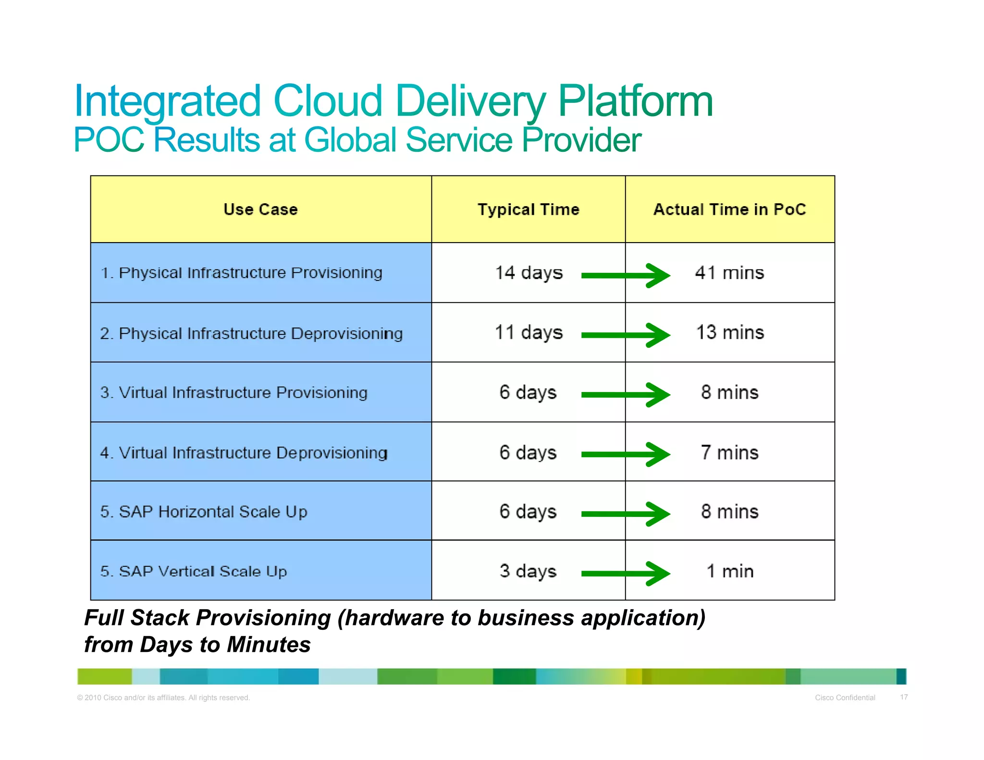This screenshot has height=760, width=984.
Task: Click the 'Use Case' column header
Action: pyautogui.click(x=260, y=209)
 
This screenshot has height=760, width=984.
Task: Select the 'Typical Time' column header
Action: pyautogui.click(x=528, y=209)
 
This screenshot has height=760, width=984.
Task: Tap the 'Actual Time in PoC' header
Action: pyautogui.click(x=729, y=209)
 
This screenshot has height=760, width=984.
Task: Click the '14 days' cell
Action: pyautogui.click(x=529, y=273)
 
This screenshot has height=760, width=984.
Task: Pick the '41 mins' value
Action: pyautogui.click(x=729, y=273)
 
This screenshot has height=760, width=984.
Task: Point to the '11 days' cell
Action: pyautogui.click(x=529, y=332)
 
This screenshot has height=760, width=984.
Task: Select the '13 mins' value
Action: pyautogui.click(x=729, y=332)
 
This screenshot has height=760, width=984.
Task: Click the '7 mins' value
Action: pyautogui.click(x=729, y=453)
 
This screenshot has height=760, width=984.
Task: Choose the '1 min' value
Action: pyautogui.click(x=729, y=571)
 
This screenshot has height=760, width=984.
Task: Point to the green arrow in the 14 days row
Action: pyautogui.click(x=625, y=275)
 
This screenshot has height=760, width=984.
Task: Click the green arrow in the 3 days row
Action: pyautogui.click(x=625, y=573)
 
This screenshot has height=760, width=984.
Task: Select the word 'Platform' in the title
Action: pyautogui.click(x=635, y=102)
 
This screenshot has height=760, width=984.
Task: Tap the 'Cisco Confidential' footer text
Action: pyautogui.click(x=845, y=698)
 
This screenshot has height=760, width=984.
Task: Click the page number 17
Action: pyautogui.click(x=904, y=697)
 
